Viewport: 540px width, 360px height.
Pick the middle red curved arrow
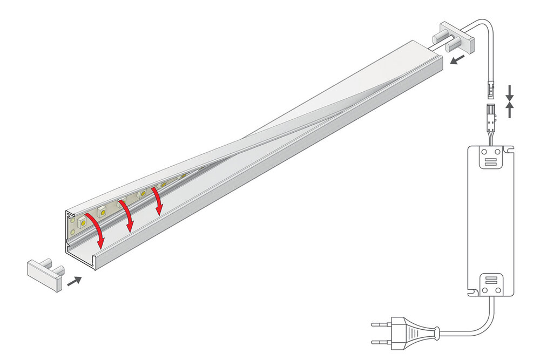coord(129,216)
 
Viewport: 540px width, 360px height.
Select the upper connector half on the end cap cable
coord(491,90)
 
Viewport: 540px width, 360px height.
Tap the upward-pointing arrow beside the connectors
coord(510,110)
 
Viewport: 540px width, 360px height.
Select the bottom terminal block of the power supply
coord(490,284)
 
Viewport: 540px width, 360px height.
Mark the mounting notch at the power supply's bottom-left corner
coord(471,292)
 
